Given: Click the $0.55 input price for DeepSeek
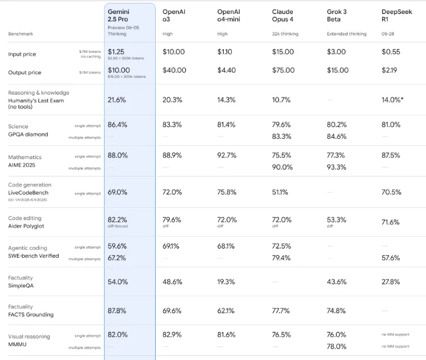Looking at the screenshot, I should (x=391, y=52).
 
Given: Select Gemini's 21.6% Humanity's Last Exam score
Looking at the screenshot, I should (x=117, y=100).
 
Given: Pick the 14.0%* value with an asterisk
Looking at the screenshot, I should (x=393, y=100).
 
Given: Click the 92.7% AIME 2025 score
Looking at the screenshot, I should (x=228, y=156).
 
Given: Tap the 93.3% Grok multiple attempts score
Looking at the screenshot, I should (x=336, y=168).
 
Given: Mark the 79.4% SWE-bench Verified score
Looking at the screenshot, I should (x=282, y=258).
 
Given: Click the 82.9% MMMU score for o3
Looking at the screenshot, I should (x=173, y=335).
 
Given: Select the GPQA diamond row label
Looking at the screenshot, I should (x=28, y=134).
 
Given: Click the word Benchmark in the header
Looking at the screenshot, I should (x=21, y=34).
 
